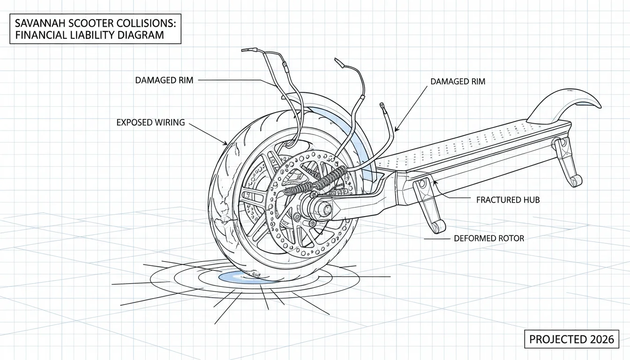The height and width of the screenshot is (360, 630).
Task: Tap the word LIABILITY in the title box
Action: (91, 35)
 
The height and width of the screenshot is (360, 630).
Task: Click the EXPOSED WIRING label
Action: (151, 122)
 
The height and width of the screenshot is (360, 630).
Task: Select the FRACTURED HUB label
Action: (508, 200)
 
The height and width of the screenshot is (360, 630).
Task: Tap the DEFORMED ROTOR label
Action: (489, 239)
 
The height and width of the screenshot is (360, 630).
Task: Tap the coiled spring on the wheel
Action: (315, 181)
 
